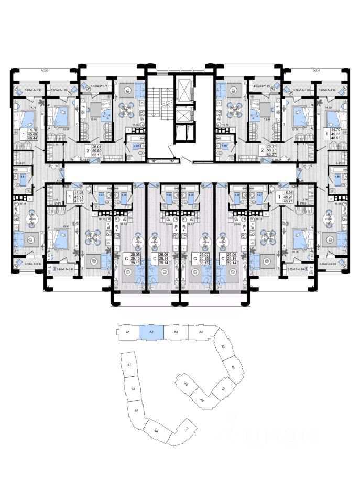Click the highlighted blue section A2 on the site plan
pos(151,332)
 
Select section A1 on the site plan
pos(127,332)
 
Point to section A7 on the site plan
pos(223,389)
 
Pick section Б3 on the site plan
pos(136,411)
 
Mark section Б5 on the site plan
pos(187,429)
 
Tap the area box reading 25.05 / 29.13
pos(136,260)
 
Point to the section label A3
pos(176,332)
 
